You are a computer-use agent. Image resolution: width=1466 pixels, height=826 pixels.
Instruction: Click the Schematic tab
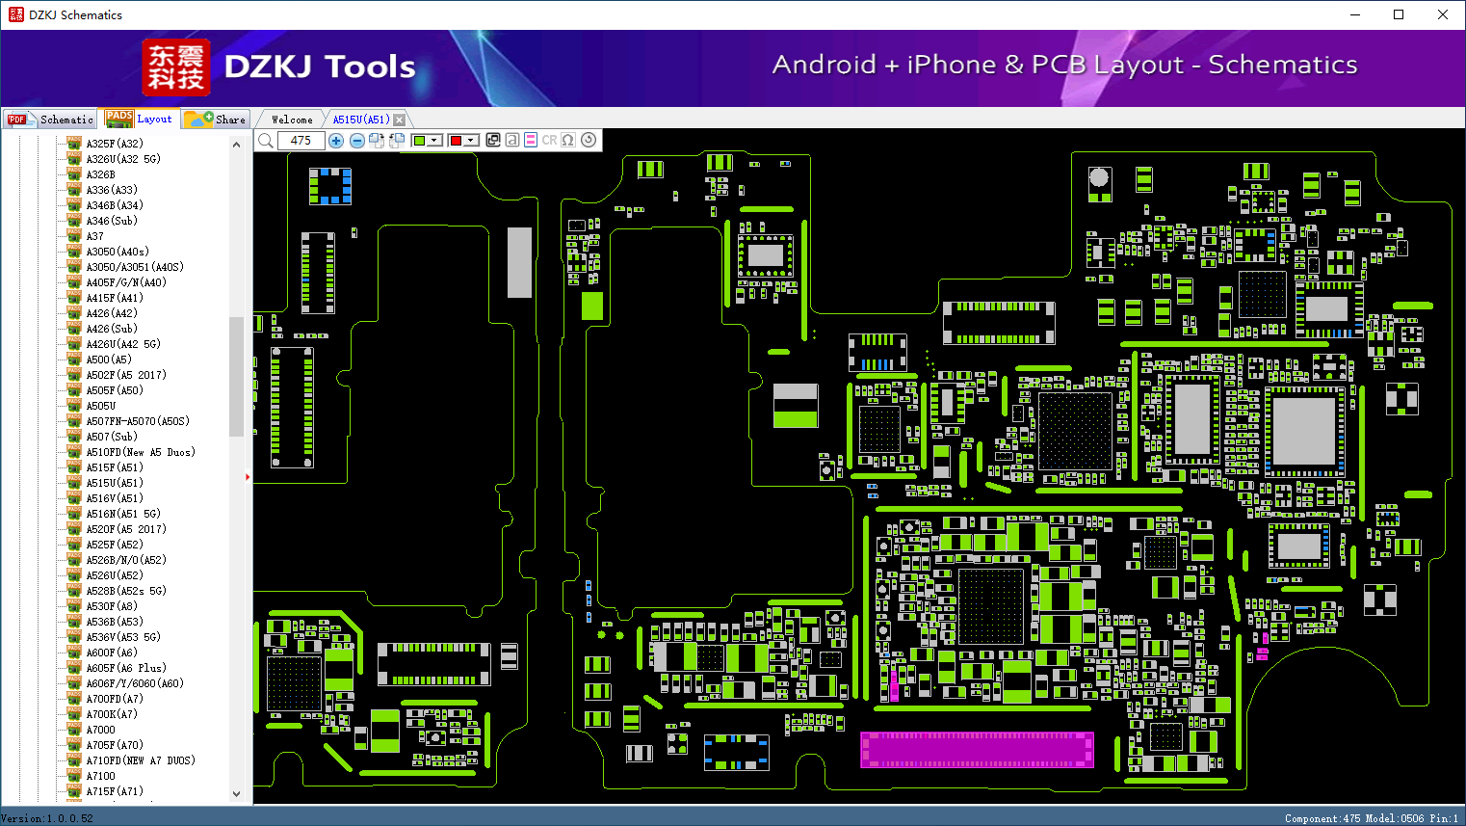click(x=50, y=120)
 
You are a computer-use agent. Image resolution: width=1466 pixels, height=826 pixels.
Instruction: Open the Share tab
click(x=216, y=120)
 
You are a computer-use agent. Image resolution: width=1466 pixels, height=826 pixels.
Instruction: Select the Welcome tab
click(x=291, y=120)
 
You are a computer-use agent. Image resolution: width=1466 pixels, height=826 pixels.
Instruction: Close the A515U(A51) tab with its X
click(x=399, y=120)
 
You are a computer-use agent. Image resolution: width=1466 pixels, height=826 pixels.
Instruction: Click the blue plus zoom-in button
click(x=336, y=140)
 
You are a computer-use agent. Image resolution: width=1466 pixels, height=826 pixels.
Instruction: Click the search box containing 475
click(x=301, y=140)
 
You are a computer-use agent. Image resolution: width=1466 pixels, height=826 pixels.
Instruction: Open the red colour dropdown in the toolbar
click(x=471, y=140)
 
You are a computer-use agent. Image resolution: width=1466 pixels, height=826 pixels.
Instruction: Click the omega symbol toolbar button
click(x=567, y=140)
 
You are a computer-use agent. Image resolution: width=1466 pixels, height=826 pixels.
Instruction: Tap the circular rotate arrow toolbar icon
click(x=589, y=140)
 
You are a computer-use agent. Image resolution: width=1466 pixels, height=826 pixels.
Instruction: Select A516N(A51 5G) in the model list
click(x=123, y=514)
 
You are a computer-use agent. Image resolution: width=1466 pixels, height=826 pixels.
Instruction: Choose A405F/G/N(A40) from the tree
click(x=126, y=282)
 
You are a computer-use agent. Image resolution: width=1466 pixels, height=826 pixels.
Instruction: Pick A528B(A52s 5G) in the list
click(x=126, y=591)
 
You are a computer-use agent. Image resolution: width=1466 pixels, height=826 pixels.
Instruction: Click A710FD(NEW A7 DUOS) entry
click(x=141, y=760)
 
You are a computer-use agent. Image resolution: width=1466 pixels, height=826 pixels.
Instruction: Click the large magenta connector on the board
click(x=977, y=750)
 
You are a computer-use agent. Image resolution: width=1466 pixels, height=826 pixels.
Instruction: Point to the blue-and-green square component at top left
click(x=329, y=186)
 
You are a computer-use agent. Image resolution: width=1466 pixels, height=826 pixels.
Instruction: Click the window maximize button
click(x=1399, y=14)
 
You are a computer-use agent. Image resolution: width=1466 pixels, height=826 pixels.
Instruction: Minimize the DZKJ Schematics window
click(x=1354, y=14)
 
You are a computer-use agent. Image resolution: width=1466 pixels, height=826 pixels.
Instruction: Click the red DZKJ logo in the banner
click(x=176, y=67)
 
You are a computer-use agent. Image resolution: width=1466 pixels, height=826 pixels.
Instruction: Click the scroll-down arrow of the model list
click(x=236, y=794)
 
